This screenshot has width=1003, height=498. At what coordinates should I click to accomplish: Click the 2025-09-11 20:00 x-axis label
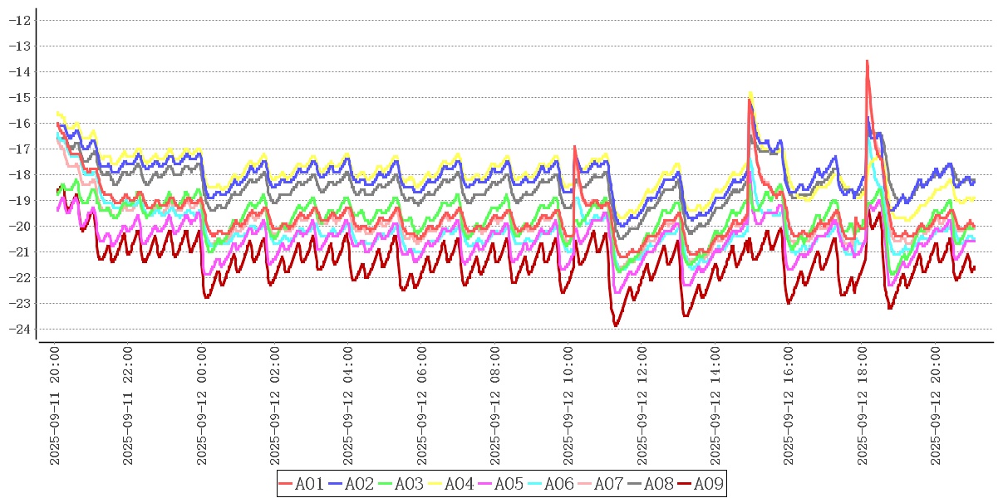pos(55,405)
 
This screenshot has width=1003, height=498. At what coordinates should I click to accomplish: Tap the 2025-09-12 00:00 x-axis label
pos(202,405)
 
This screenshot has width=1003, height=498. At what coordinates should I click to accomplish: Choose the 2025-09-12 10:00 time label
pos(569,405)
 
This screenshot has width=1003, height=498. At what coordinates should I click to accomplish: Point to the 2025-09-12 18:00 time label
pos(863,405)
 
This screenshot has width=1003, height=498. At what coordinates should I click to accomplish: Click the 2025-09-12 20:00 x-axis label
pos(937,405)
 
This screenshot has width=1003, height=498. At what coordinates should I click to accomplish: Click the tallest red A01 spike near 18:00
pos(867,61)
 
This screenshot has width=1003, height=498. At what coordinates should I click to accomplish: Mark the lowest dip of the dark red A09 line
pos(616,325)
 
